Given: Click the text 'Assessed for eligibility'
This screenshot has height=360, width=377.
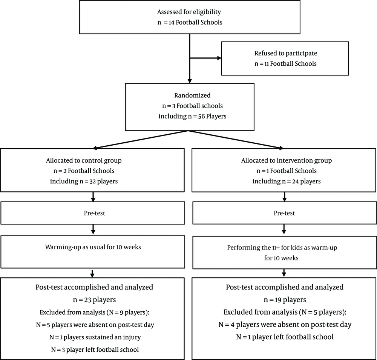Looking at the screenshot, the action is (x=189, y=12).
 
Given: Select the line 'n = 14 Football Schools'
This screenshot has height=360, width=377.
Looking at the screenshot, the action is (x=190, y=22).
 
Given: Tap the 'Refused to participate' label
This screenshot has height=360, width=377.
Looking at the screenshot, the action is (x=286, y=54).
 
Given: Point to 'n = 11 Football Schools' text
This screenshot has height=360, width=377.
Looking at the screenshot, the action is (x=285, y=64).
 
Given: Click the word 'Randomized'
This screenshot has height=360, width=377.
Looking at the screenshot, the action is (x=192, y=95).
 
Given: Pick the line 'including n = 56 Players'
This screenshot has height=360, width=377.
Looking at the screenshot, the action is (x=192, y=116).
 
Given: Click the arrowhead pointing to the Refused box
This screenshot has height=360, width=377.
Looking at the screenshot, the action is (x=219, y=58).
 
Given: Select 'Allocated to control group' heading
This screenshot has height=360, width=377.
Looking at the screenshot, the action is (x=84, y=160).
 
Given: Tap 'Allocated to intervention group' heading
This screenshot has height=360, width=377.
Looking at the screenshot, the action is (x=287, y=160).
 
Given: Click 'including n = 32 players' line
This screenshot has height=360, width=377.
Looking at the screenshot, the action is (x=84, y=181).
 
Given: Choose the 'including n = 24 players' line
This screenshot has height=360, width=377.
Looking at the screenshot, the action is (x=287, y=181).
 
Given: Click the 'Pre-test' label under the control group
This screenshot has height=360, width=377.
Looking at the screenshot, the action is (x=95, y=213).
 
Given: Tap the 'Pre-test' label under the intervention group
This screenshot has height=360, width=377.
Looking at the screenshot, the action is (x=284, y=213).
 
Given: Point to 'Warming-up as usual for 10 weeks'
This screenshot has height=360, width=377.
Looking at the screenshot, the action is (x=93, y=247).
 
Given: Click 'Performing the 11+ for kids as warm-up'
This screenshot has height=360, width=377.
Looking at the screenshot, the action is (x=282, y=248).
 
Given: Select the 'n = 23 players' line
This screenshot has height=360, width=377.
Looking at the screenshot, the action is (x=94, y=300).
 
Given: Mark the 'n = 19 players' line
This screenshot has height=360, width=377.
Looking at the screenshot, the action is (x=285, y=300).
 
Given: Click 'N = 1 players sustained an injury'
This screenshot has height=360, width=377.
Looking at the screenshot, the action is (x=95, y=337).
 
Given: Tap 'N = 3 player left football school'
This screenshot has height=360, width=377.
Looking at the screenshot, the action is (x=95, y=350).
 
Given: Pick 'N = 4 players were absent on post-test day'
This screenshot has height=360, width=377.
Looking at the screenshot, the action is (x=285, y=325).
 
